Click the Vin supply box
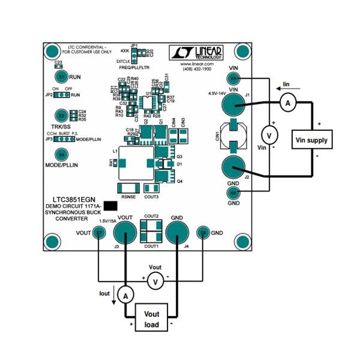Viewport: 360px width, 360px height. (x=313, y=140)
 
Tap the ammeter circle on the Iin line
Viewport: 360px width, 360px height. (x=287, y=104)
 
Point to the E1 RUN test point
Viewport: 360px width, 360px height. (x=61, y=77)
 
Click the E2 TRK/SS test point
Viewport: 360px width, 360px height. (x=61, y=115)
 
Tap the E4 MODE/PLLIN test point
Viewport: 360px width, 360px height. (x=61, y=154)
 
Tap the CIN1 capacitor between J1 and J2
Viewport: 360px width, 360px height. (x=229, y=136)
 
